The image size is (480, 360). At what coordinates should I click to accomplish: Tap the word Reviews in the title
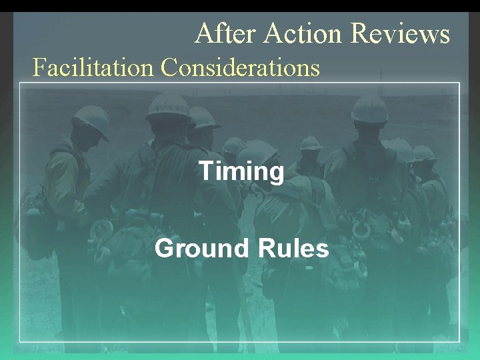[400, 33]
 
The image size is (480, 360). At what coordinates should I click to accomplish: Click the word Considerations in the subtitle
[241, 67]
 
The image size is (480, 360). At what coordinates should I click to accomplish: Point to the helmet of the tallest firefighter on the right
[370, 108]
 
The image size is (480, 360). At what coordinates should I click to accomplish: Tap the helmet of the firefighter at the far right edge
[423, 153]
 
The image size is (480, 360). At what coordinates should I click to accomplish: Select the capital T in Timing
[207, 171]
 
